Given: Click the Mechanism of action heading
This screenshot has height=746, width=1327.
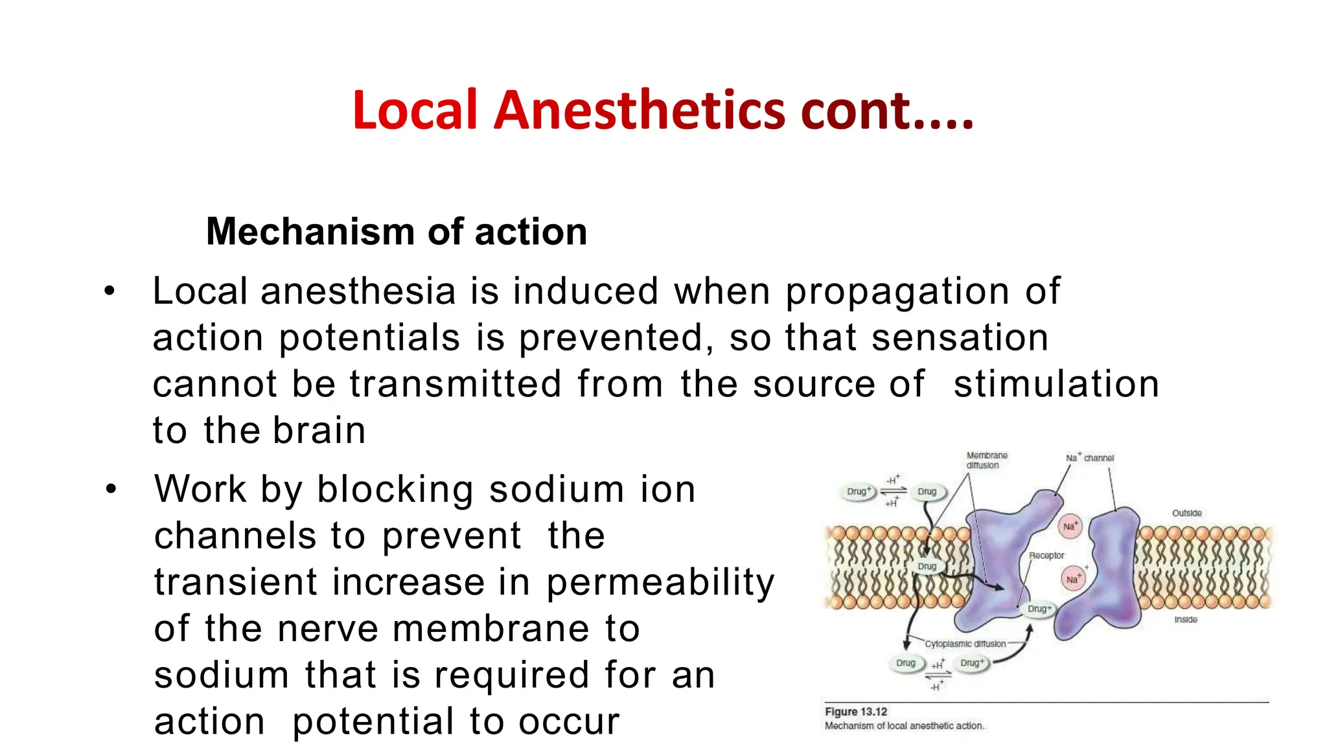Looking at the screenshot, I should (396, 231).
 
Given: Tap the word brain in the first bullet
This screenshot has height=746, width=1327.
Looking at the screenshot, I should (319, 430).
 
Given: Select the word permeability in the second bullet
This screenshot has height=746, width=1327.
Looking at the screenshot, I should (660, 582).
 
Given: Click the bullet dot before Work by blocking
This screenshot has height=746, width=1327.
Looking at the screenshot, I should (111, 490).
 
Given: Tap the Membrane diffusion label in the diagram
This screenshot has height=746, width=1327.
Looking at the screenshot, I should (987, 460).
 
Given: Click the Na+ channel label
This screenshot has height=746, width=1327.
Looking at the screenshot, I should (1090, 458).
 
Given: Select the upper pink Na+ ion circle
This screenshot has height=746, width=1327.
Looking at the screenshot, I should (1070, 526).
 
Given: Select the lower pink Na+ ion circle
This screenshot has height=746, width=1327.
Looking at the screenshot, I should (1072, 579).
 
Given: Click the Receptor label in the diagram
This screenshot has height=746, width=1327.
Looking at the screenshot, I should (1046, 556).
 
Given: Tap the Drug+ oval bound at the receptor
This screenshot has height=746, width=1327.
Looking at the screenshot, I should (1039, 609).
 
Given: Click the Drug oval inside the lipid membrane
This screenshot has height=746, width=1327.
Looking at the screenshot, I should (927, 567).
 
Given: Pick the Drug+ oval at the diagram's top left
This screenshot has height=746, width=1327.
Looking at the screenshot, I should (859, 492).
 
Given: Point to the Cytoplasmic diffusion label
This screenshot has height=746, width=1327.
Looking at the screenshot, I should (965, 644).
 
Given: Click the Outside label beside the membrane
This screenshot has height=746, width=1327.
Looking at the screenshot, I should (1186, 513).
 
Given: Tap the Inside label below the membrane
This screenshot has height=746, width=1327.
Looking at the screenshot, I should (1186, 620).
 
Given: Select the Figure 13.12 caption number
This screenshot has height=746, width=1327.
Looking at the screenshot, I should (856, 712).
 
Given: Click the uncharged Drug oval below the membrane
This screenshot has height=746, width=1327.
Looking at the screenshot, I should (905, 663).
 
